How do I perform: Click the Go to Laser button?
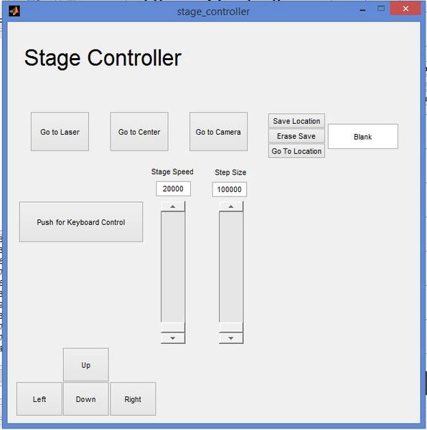click(60, 132)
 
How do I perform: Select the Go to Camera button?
click(218, 132)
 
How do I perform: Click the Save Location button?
click(296, 121)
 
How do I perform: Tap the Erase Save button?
click(296, 136)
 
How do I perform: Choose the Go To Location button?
click(296, 151)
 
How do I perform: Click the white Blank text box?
click(362, 137)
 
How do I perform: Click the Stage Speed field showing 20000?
click(173, 188)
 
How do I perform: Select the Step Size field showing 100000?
click(230, 189)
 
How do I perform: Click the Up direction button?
click(86, 365)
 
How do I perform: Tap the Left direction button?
click(39, 399)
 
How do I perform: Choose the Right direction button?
click(133, 399)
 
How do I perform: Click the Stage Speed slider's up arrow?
click(173, 206)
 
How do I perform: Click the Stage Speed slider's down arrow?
click(173, 338)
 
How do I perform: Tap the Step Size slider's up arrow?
click(231, 206)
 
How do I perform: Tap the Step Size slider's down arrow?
click(231, 338)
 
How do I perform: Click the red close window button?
click(405, 9)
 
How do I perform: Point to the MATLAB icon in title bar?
click(14, 11)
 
